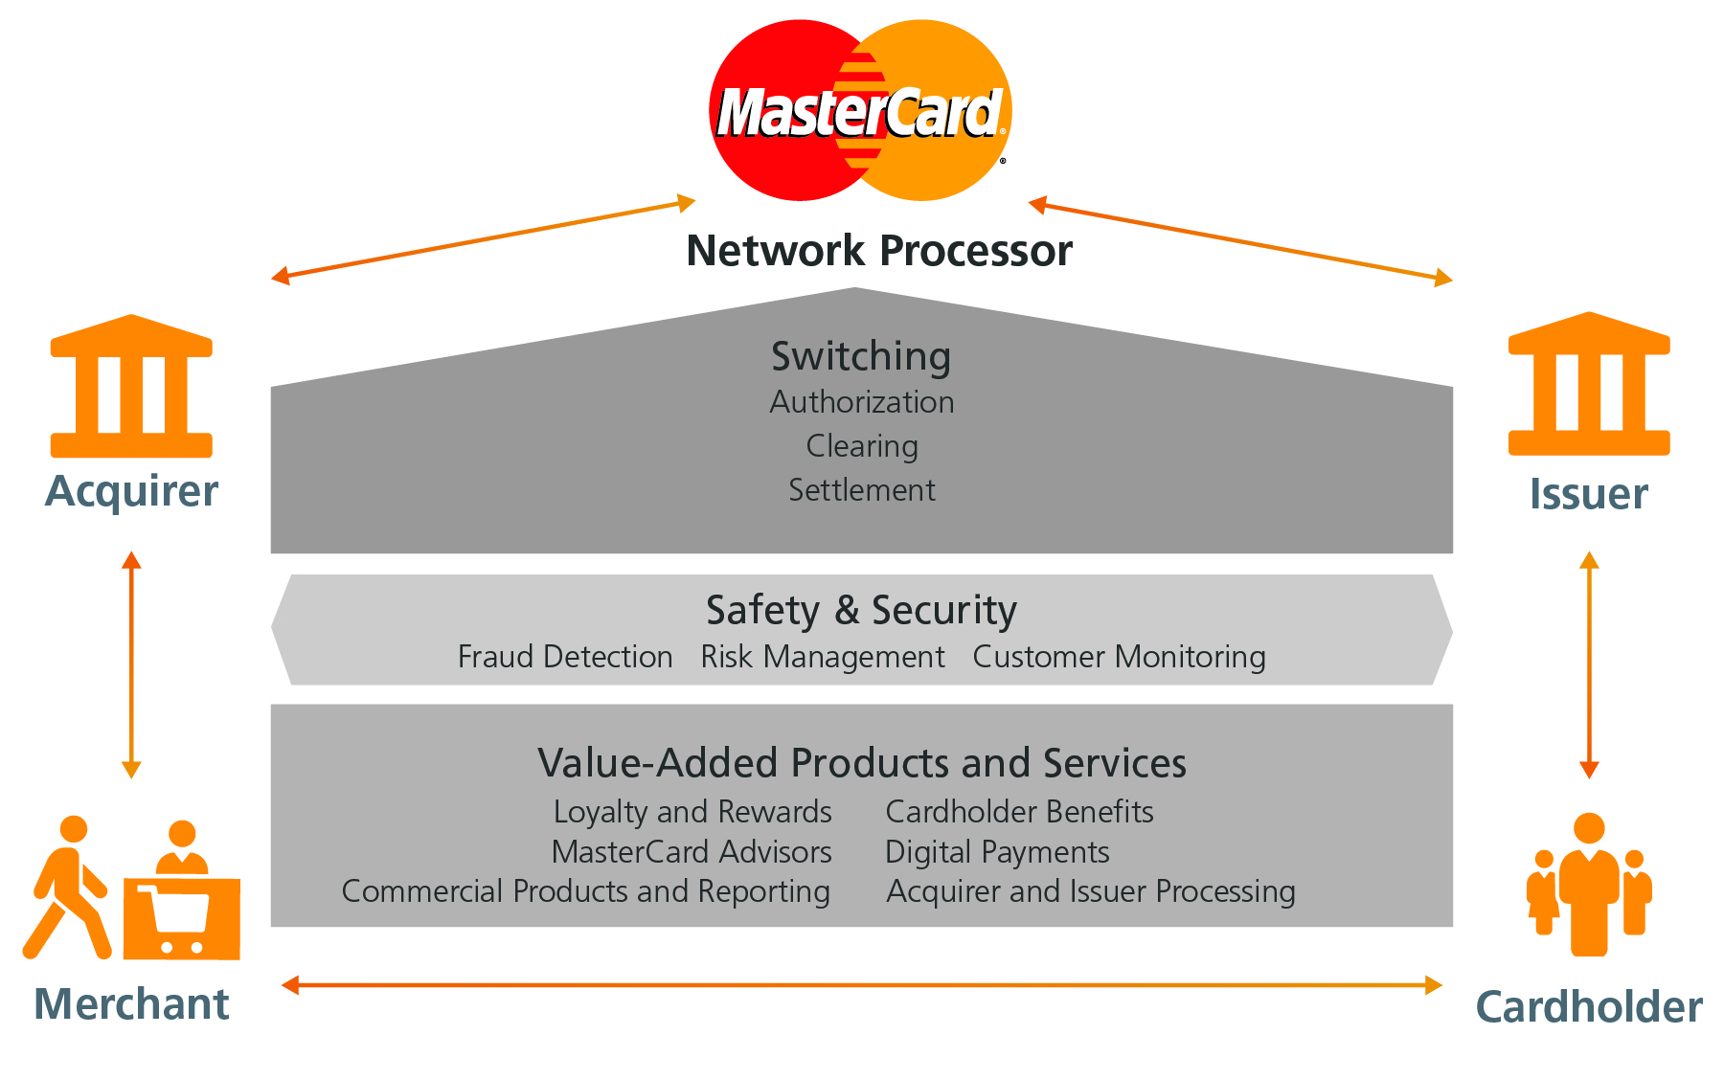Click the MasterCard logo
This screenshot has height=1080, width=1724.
(x=860, y=110)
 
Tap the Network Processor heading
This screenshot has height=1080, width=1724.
(x=879, y=251)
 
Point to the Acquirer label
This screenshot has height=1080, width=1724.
(x=131, y=491)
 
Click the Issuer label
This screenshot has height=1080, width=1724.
(x=1589, y=494)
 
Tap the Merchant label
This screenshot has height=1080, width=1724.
(x=131, y=1004)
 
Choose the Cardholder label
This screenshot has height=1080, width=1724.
(x=1589, y=1007)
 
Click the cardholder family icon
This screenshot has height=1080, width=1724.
(x=1589, y=886)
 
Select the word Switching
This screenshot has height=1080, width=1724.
(x=861, y=356)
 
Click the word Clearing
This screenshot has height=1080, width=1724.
(x=862, y=446)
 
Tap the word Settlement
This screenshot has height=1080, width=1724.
(x=862, y=490)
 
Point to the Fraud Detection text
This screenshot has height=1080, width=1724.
(x=565, y=657)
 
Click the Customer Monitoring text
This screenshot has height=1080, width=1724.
(x=1119, y=657)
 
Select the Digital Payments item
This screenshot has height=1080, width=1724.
(x=997, y=852)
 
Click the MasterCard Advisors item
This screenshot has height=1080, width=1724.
(x=692, y=852)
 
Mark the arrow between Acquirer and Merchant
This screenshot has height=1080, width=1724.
(x=132, y=664)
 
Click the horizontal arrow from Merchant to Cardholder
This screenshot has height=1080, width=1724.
(x=862, y=985)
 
